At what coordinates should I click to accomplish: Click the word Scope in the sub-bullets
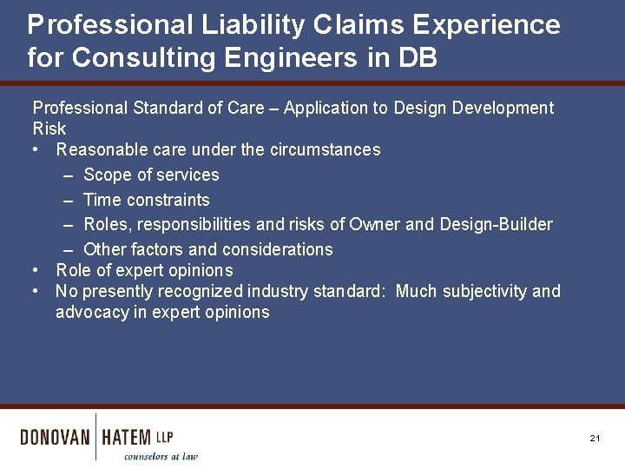coord(105,175)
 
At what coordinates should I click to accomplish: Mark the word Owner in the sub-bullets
coord(374,224)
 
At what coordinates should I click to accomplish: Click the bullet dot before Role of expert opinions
coord(36,270)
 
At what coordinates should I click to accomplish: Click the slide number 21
coord(595,439)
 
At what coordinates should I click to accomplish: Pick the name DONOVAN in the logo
coord(55,437)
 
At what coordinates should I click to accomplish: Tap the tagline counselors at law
coord(161,456)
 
